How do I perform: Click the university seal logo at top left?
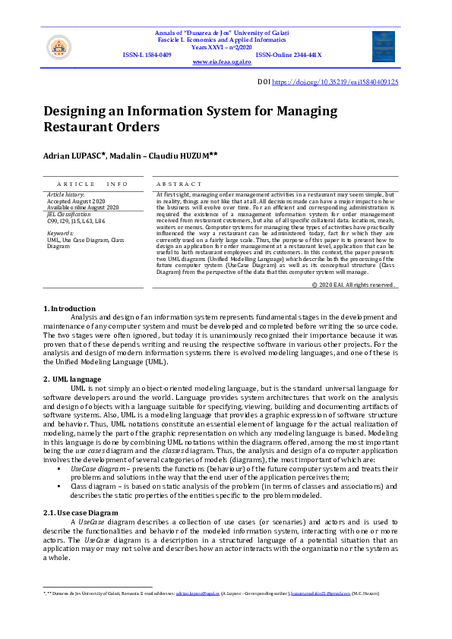pyautogui.click(x=58, y=48)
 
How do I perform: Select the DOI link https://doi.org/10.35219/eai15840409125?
pyautogui.click(x=335, y=82)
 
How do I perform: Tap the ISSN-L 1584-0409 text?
pyautogui.click(x=147, y=55)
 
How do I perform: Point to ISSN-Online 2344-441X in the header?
pyautogui.click(x=289, y=55)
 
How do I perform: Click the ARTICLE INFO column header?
pyautogui.click(x=93, y=184)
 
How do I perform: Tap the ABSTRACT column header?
pyautogui.click(x=179, y=184)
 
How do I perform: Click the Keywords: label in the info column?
pyautogui.click(x=61, y=233)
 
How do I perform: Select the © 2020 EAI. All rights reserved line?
pyautogui.click(x=354, y=285)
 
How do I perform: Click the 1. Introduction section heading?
pyautogui.click(x=70, y=309)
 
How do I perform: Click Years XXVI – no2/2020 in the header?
pyautogui.click(x=227, y=47)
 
